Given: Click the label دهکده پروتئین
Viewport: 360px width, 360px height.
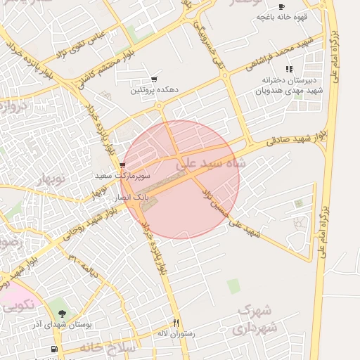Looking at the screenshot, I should pyautogui.click(x=155, y=91).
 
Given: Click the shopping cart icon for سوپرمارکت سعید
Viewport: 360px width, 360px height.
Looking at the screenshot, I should pyautogui.click(x=122, y=165).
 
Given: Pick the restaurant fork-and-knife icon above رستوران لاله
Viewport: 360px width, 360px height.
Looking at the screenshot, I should pyautogui.click(x=176, y=322).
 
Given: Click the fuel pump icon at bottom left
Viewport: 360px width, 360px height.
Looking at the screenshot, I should pyautogui.click(x=53, y=349).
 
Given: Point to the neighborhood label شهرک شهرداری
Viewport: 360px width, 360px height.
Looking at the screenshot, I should pyautogui.click(x=257, y=319).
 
